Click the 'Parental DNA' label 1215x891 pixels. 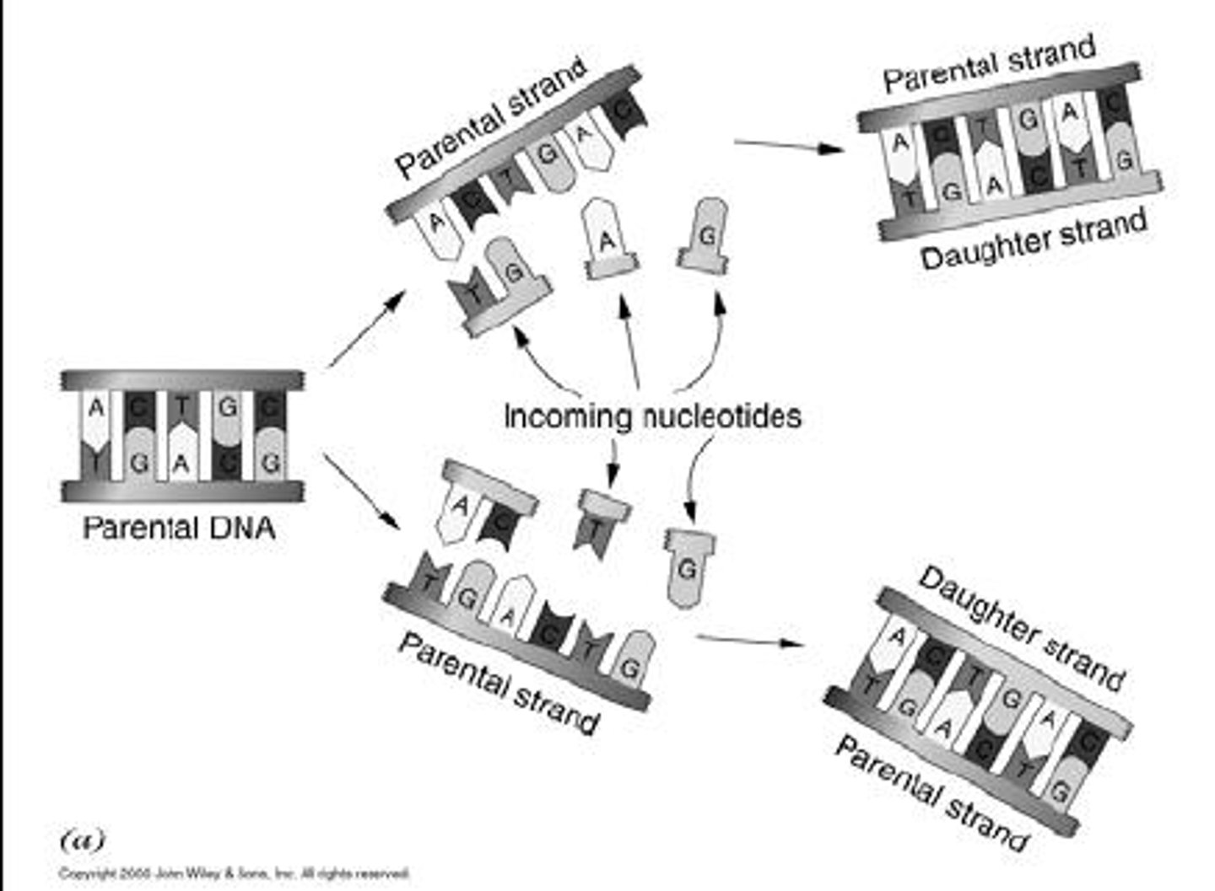click(x=179, y=529)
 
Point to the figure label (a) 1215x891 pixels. click(x=83, y=840)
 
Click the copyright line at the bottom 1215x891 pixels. click(x=234, y=873)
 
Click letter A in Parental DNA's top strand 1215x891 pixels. click(x=96, y=409)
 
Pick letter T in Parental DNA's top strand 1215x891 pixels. click(x=181, y=409)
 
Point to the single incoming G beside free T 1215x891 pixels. click(x=688, y=568)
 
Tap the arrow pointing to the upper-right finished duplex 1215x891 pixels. click(x=788, y=147)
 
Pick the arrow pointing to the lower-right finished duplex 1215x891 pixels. click(x=749, y=641)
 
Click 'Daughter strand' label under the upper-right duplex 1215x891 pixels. click(x=1034, y=240)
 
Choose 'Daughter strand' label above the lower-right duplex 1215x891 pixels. click(x=1022, y=628)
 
